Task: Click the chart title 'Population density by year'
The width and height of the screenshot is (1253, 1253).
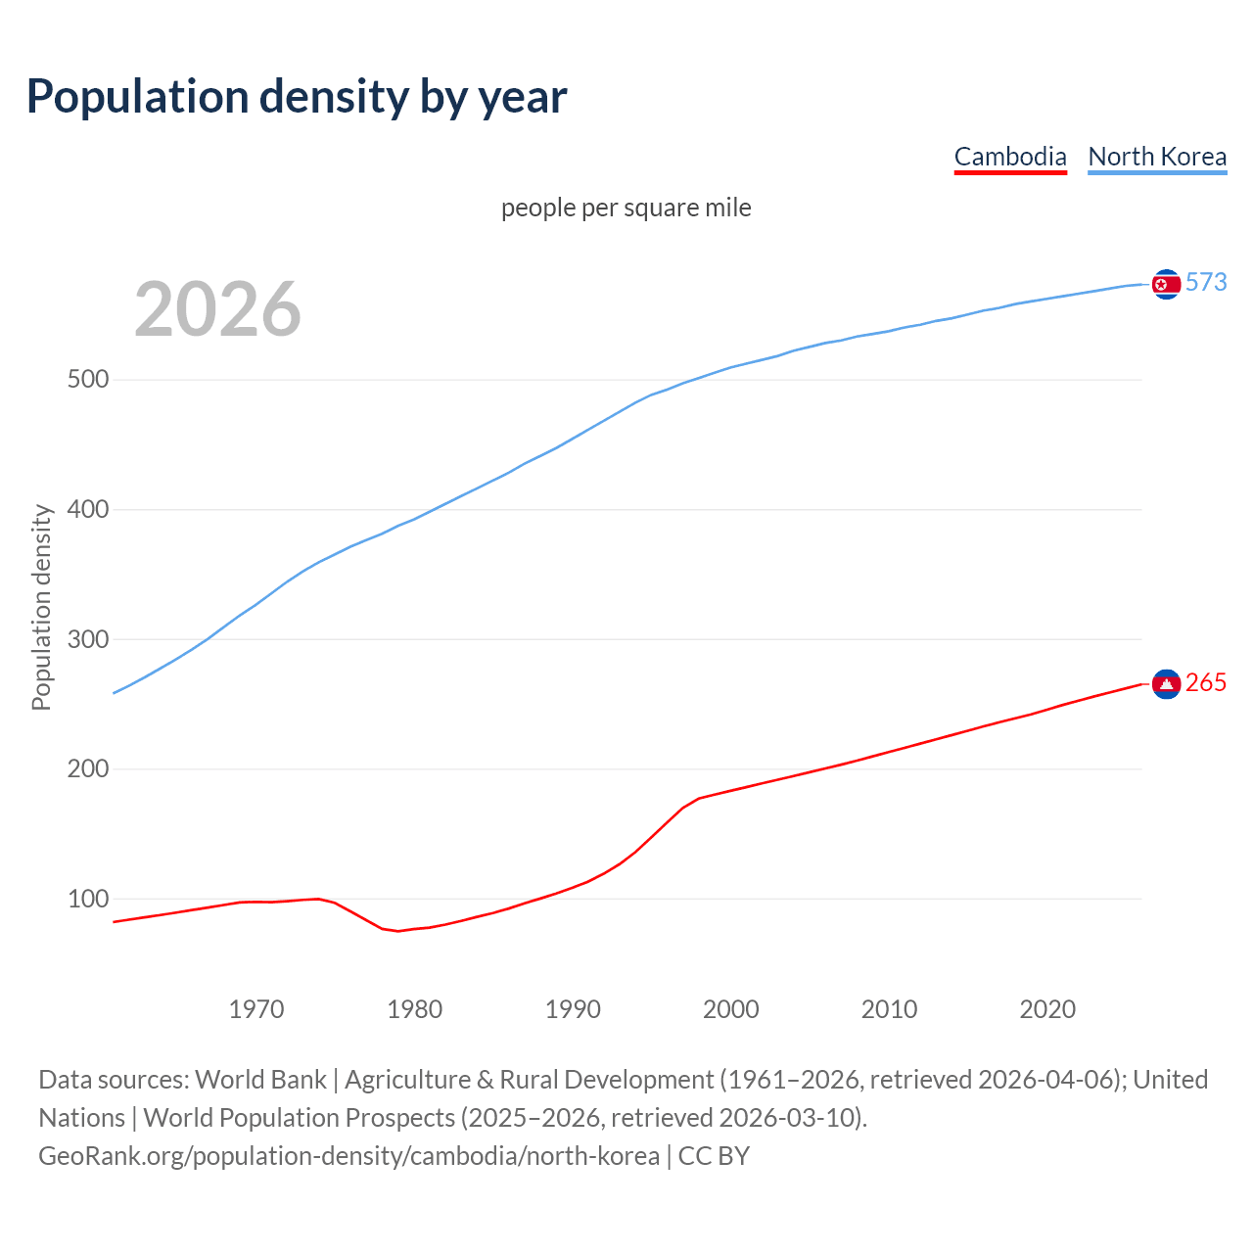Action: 297,96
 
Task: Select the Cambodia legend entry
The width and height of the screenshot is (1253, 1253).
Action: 1010,157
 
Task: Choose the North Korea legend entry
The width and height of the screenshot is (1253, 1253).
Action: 1157,157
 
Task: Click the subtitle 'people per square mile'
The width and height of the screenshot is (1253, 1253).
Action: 626,208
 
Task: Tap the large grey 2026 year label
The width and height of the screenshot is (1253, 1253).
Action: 217,309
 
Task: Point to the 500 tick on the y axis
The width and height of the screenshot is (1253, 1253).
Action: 87,380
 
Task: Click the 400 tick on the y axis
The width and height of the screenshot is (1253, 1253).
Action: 87,510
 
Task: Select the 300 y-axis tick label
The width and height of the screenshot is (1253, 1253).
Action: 87,640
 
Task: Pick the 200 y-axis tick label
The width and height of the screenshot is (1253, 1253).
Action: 87,769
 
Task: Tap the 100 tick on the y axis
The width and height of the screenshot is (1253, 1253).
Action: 87,900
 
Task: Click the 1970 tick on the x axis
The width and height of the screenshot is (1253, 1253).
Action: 256,1009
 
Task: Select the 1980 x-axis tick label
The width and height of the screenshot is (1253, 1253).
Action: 415,1009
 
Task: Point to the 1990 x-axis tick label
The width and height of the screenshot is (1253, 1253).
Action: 573,1009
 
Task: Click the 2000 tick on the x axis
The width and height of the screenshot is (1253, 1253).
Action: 731,1009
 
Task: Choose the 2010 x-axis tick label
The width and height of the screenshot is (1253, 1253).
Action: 889,1009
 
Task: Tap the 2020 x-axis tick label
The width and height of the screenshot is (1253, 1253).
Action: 1047,1009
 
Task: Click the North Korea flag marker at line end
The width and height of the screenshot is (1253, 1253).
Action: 1166,284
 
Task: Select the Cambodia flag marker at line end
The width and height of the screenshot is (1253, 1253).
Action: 1166,684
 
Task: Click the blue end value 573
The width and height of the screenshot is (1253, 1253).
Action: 1206,283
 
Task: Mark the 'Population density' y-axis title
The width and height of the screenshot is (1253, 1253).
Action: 41,607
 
